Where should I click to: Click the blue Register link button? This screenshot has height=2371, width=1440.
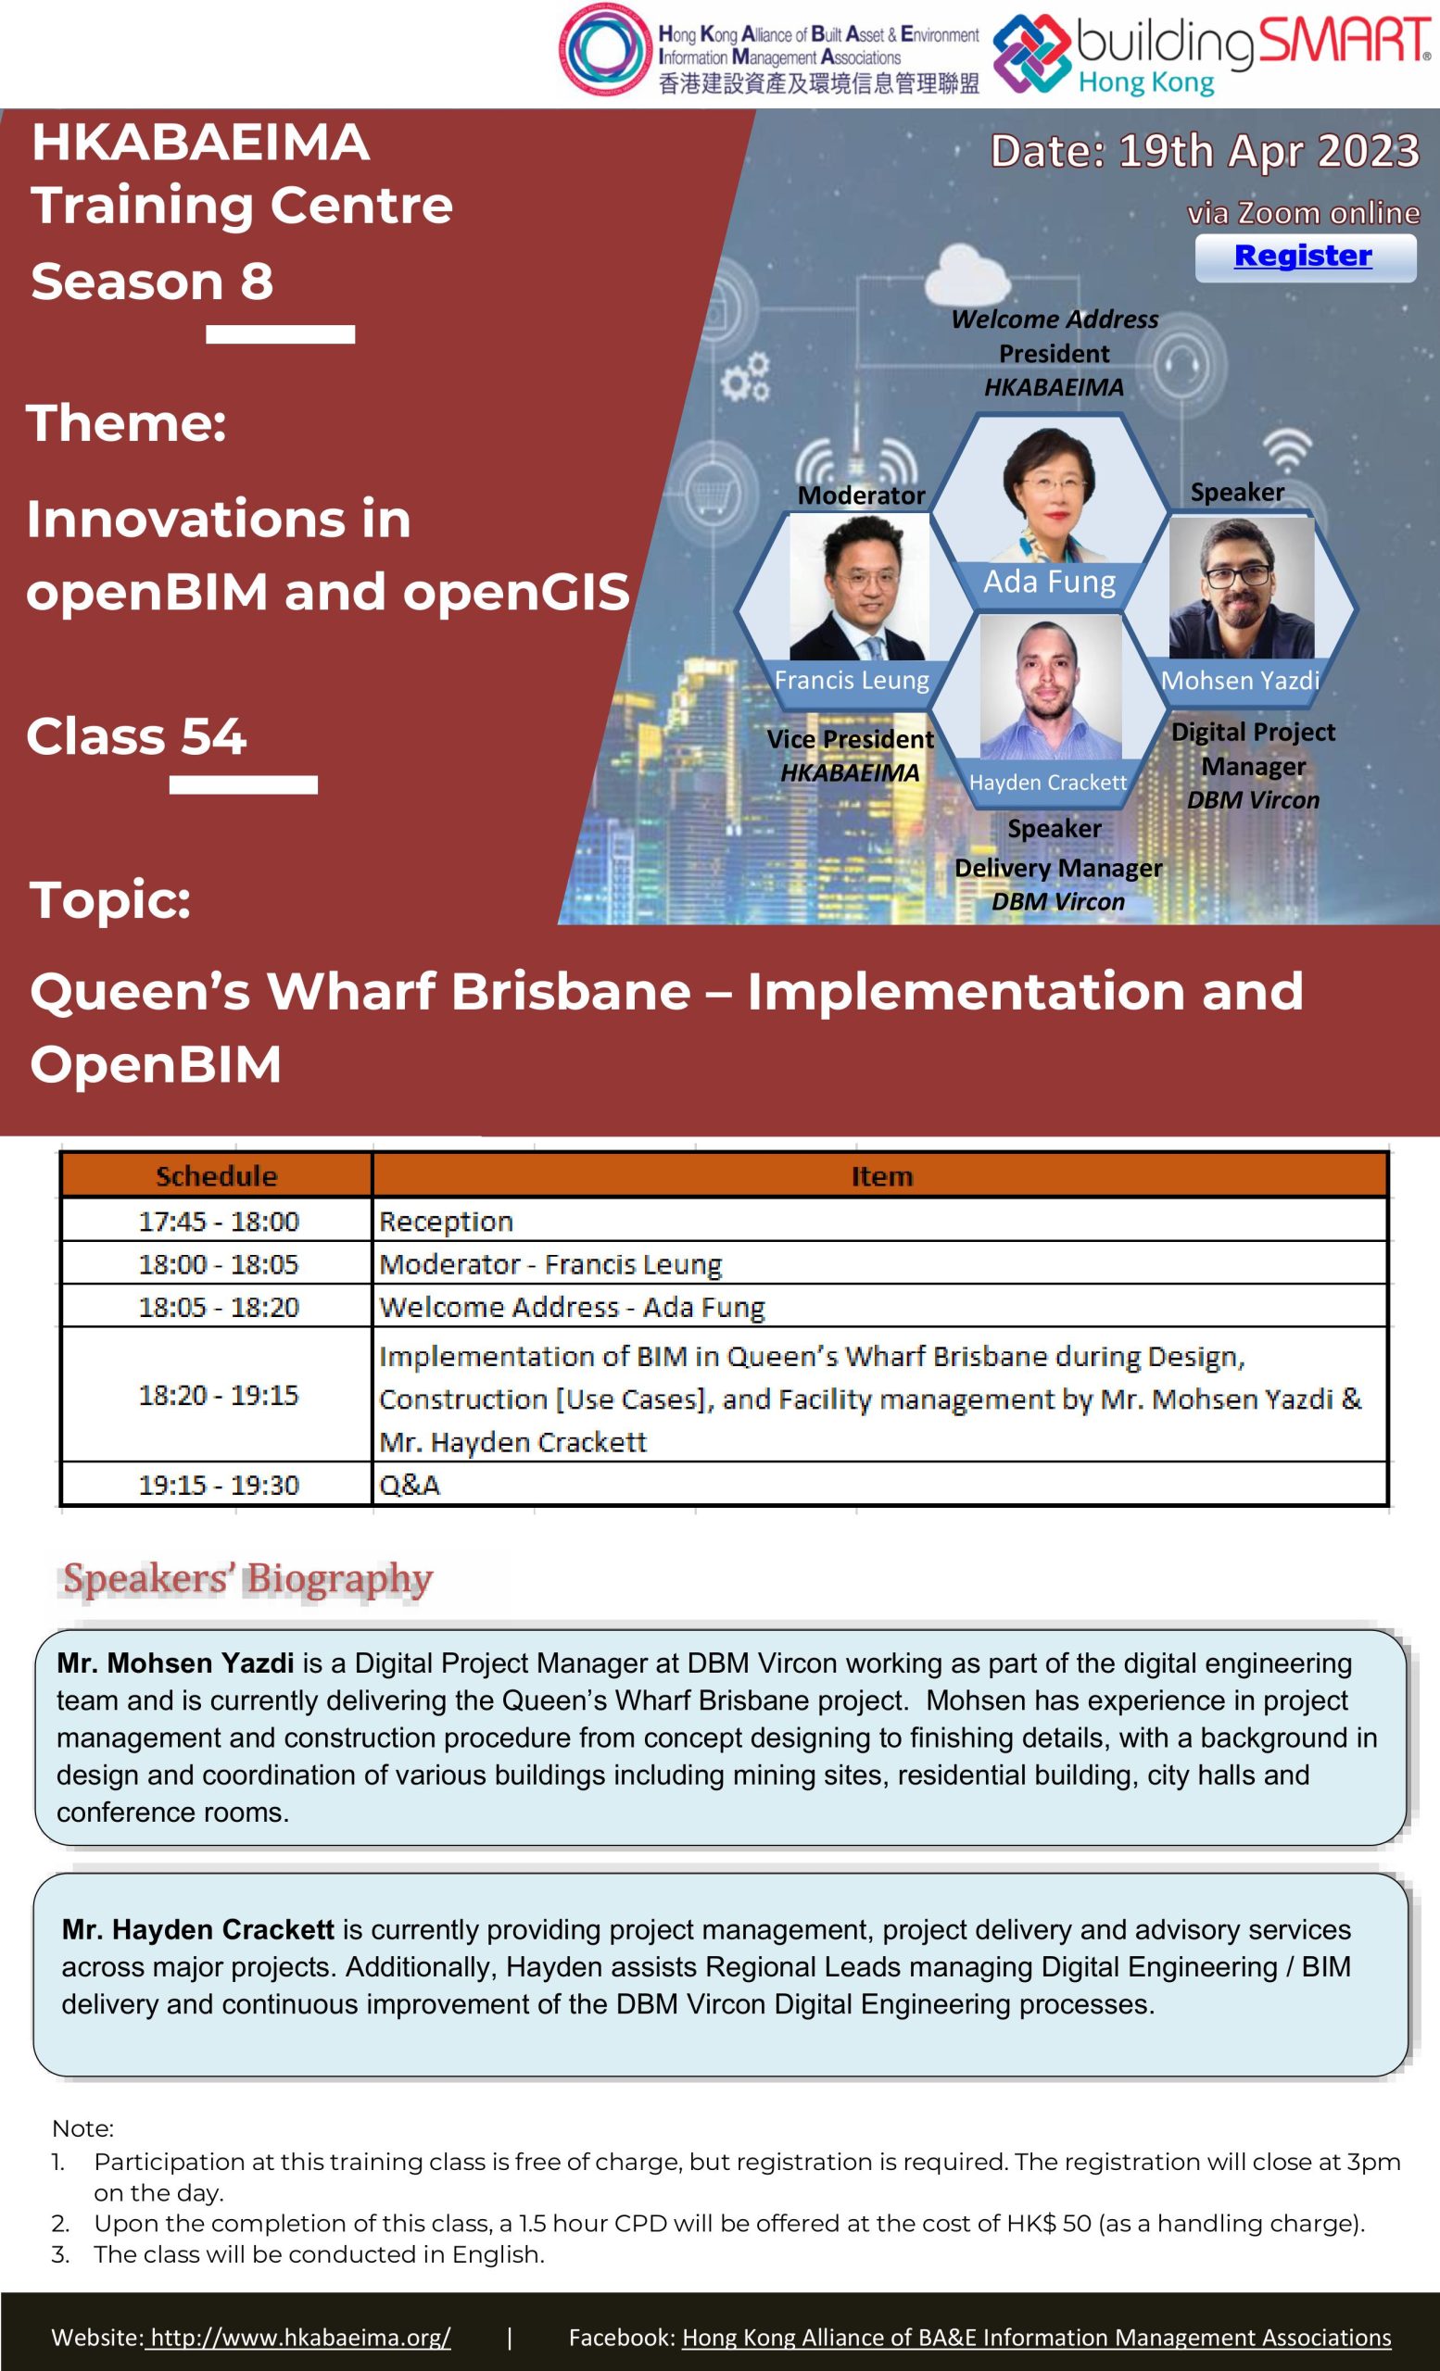coord(1305,257)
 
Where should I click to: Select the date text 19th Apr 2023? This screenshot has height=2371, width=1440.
coord(1269,151)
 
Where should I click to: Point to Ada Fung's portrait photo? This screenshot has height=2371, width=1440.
coord(1050,493)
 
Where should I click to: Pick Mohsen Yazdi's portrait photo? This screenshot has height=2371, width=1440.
coord(1242,588)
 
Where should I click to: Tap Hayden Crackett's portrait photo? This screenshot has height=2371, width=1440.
coord(1050,687)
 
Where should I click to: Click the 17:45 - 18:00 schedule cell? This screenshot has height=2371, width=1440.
coord(218,1221)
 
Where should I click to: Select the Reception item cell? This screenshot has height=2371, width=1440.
coord(878,1221)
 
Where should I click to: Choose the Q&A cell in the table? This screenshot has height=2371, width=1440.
coord(878,1484)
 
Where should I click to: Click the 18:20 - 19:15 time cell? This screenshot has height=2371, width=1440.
coord(218,1394)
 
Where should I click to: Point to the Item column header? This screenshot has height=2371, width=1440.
coord(880,1176)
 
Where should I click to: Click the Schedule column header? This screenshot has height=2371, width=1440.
coord(217,1176)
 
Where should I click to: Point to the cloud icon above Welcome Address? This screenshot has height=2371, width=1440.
coord(966,274)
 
